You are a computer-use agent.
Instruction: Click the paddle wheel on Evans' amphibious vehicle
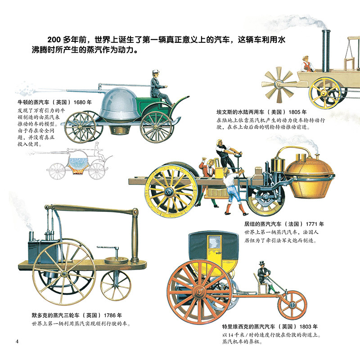coord(279,84)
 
